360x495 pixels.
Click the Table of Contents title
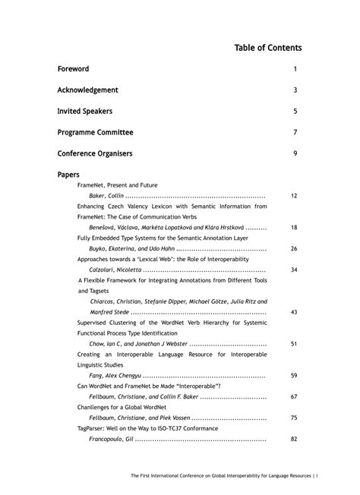(x=268, y=48)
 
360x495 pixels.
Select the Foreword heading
(x=73, y=69)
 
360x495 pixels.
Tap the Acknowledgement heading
(x=87, y=90)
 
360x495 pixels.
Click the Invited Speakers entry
(x=84, y=111)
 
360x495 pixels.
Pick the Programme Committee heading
(x=95, y=132)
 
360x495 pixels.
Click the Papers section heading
(x=68, y=174)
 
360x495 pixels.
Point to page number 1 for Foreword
(x=295, y=69)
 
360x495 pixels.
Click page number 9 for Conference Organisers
(x=295, y=153)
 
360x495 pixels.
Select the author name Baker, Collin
(x=106, y=196)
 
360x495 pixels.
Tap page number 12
(x=294, y=196)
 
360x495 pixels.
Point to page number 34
(x=294, y=270)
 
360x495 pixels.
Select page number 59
(x=294, y=376)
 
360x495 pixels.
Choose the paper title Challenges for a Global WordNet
(x=127, y=408)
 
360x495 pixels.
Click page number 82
(x=294, y=439)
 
